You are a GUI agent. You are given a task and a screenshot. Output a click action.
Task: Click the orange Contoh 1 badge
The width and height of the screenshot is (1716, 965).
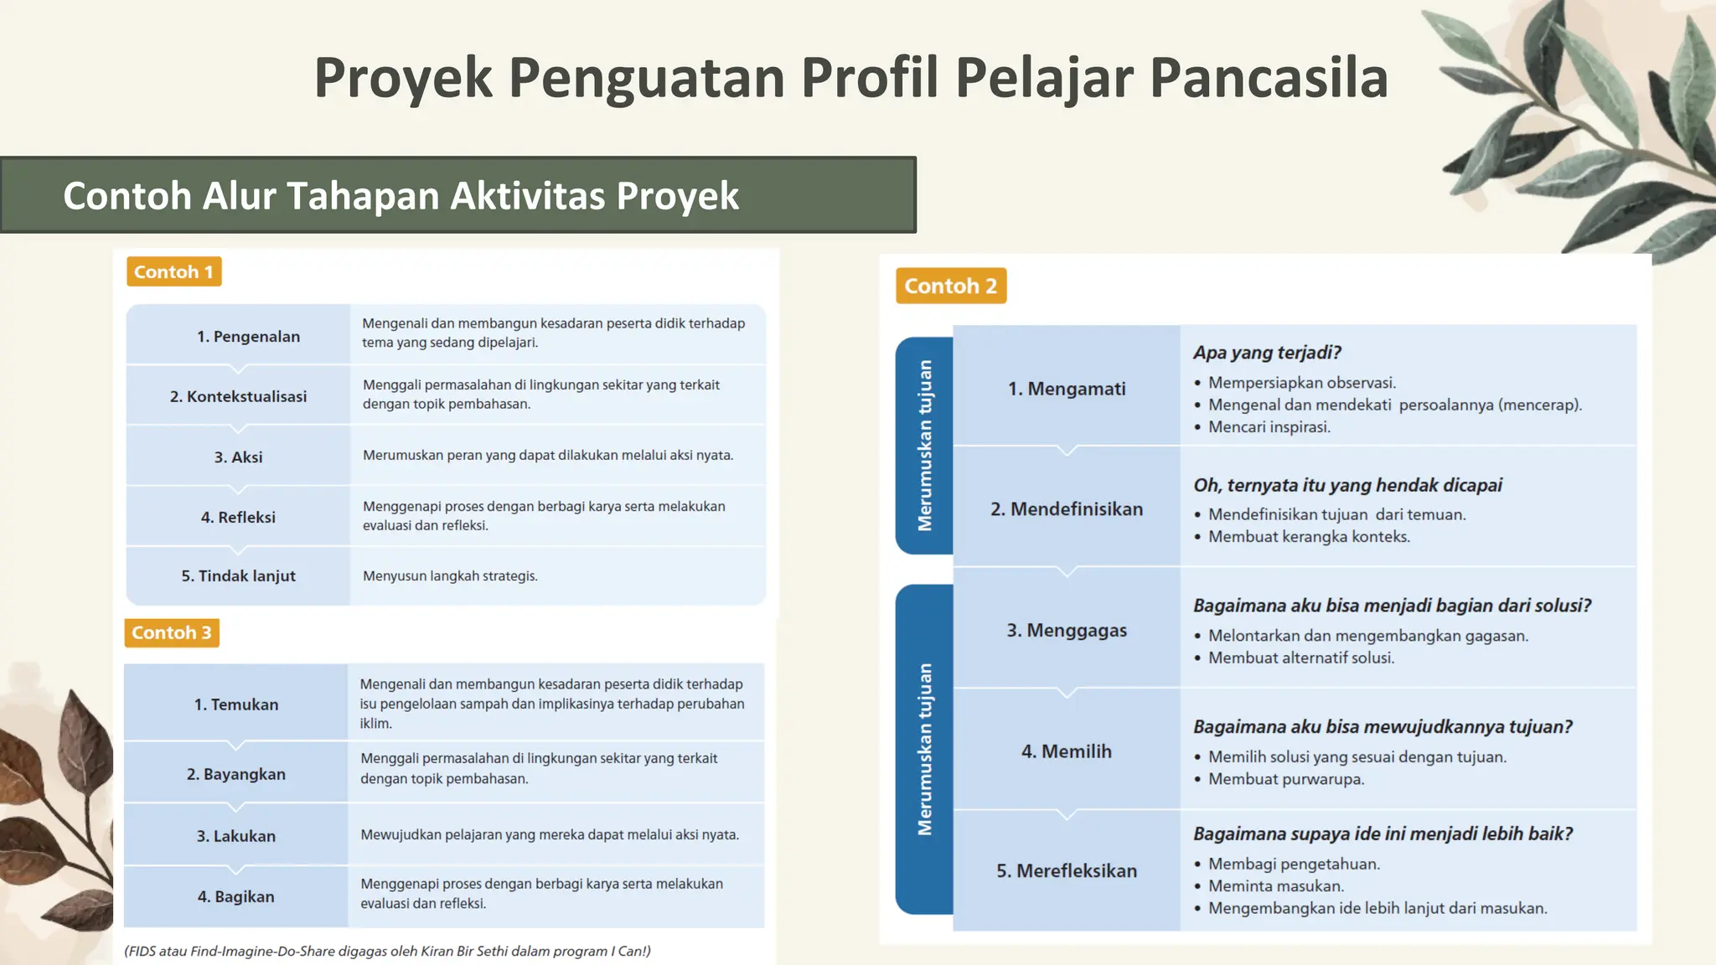click(x=173, y=271)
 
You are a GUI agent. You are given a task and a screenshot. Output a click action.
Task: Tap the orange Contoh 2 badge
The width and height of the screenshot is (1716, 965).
click(x=950, y=286)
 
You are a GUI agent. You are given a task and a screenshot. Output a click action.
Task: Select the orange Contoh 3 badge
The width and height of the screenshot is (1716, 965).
click(x=172, y=632)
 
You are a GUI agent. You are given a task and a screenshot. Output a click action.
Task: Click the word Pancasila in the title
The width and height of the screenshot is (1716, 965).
click(x=1269, y=78)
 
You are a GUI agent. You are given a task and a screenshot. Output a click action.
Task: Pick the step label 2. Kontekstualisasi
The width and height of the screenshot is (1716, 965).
click(x=238, y=396)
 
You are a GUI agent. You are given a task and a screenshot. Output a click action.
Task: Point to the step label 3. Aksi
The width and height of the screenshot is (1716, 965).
click(x=238, y=457)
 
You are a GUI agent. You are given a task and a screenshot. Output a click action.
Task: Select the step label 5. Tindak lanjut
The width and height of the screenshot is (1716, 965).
click(x=238, y=575)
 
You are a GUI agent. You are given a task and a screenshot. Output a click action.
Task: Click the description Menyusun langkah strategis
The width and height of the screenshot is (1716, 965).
click(x=450, y=575)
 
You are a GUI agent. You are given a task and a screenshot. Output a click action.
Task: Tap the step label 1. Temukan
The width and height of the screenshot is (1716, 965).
click(x=236, y=704)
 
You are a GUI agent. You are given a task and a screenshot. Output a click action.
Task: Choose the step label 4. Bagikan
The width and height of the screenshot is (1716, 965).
click(x=236, y=896)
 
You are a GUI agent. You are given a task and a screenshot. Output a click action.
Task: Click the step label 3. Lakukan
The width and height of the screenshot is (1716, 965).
click(x=236, y=836)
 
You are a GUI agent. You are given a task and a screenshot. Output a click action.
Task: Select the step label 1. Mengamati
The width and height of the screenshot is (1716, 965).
click(x=1067, y=389)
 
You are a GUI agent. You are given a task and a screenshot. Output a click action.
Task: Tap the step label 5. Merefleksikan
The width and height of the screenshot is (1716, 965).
click(x=1067, y=871)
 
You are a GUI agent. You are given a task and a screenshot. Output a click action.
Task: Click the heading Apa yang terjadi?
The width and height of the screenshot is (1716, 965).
click(x=1267, y=353)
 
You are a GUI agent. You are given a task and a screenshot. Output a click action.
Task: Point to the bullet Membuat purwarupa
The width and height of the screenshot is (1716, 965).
click(x=1285, y=779)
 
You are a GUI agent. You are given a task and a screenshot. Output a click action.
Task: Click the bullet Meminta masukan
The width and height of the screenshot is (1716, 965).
click(x=1275, y=885)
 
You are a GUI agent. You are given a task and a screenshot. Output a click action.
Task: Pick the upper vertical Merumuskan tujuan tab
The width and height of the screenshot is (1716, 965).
click(x=924, y=445)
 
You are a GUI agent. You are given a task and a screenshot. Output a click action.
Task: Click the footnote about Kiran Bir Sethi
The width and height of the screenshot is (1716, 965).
click(x=387, y=951)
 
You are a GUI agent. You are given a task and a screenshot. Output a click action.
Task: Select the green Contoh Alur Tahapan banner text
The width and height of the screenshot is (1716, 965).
click(x=401, y=196)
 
